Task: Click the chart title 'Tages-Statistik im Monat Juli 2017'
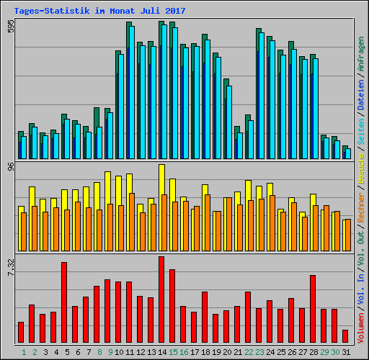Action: click(x=99, y=11)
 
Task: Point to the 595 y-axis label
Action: click(x=10, y=27)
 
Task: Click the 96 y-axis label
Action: click(x=10, y=167)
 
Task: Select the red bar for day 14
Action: click(x=161, y=300)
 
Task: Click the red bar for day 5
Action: click(x=64, y=302)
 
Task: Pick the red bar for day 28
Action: click(x=313, y=309)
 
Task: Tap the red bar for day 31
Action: click(x=345, y=336)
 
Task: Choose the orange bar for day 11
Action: click(x=132, y=221)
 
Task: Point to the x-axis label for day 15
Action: click(x=172, y=352)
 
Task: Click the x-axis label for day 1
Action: click(x=21, y=352)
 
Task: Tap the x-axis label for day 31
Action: click(x=345, y=352)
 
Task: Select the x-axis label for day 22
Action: click(x=248, y=352)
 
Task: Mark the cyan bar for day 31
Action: click(x=348, y=153)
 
